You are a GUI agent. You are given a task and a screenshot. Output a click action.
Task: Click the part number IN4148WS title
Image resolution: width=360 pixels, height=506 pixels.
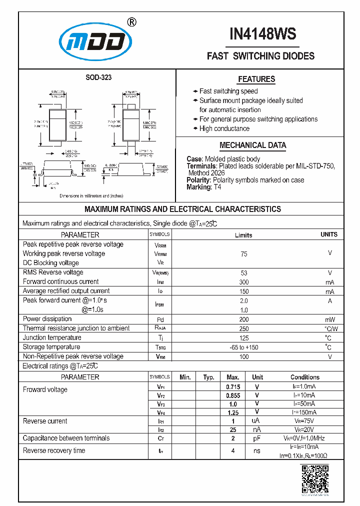pyautogui.click(x=262, y=34)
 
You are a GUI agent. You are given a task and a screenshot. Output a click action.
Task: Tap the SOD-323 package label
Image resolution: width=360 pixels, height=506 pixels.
pyautogui.click(x=98, y=77)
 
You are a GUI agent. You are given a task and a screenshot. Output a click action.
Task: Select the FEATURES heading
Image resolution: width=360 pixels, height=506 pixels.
pyautogui.click(x=256, y=79)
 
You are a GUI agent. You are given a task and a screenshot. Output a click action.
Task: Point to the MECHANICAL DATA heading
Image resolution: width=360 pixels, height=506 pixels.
pyautogui.click(x=253, y=145)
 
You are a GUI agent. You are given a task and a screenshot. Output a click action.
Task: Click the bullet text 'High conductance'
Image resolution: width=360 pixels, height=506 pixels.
pyautogui.click(x=224, y=128)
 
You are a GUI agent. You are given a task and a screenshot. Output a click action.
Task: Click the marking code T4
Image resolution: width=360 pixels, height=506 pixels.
pyautogui.click(x=217, y=187)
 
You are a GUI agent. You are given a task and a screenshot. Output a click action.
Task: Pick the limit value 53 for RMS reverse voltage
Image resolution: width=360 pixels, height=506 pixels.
pyautogui.click(x=243, y=272)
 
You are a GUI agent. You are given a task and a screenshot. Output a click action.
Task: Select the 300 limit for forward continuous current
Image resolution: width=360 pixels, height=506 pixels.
pyautogui.click(x=243, y=282)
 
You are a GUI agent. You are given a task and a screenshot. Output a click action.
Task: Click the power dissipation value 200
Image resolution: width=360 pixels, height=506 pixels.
pyautogui.click(x=243, y=319)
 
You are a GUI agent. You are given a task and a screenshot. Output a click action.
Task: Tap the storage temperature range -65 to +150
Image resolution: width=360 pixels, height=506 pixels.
pyautogui.click(x=243, y=347)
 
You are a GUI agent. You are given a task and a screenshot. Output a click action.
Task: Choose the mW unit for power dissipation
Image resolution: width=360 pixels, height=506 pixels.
pyautogui.click(x=329, y=319)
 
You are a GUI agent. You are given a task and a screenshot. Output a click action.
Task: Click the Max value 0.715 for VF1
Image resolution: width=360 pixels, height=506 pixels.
pyautogui.click(x=232, y=387)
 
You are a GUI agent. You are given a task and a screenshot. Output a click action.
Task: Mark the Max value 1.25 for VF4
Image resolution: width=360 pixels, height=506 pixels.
pyautogui.click(x=232, y=412)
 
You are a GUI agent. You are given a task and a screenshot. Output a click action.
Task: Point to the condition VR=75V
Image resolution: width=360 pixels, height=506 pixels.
pyautogui.click(x=304, y=421)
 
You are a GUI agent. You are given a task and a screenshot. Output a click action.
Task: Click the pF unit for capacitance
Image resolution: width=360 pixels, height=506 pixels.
pyautogui.click(x=257, y=438)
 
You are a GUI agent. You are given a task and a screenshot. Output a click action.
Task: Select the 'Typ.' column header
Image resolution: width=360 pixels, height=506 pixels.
pyautogui.click(x=208, y=377)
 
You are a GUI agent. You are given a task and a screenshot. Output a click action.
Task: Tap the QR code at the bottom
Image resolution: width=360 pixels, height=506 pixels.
pyautogui.click(x=315, y=479)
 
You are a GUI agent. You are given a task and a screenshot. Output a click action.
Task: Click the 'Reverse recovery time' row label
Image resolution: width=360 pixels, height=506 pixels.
pyautogui.click(x=54, y=450)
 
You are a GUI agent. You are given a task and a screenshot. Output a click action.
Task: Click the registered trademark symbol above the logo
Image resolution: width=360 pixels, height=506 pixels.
pyautogui.click(x=131, y=21)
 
